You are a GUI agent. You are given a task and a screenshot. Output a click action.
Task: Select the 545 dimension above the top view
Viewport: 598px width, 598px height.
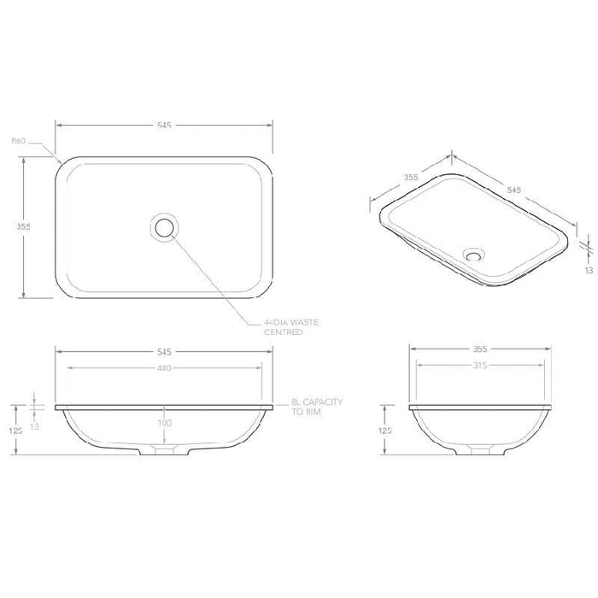pos(164,125)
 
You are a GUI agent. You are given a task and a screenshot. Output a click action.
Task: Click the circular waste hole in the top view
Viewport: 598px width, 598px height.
pos(163,227)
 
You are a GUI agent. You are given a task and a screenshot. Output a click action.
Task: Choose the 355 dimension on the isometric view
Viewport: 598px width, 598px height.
pos(410,178)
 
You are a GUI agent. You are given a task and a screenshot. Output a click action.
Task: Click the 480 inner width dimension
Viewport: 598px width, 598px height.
pos(164,369)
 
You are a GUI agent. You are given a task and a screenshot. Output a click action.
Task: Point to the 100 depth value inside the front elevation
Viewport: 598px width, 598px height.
pos(164,422)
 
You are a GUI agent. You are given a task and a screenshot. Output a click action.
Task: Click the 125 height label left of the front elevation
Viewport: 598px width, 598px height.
pos(15,431)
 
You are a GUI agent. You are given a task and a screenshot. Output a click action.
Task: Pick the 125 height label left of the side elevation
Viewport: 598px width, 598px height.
pos(386,431)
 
